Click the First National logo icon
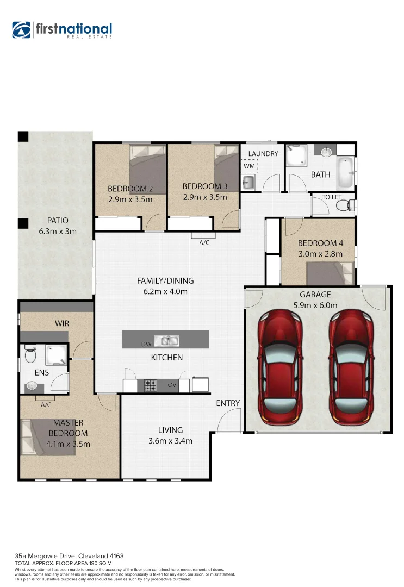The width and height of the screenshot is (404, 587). [x=21, y=30]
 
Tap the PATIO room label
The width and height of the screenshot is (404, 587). [x=57, y=221]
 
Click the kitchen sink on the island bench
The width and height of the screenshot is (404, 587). [x=166, y=341]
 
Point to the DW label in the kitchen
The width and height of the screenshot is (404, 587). [x=146, y=344]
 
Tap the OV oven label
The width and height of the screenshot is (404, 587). [x=172, y=385]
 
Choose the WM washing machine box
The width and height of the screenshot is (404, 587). [x=249, y=165]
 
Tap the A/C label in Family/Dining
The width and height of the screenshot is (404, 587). [x=204, y=243]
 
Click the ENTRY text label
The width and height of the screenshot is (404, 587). [x=228, y=403]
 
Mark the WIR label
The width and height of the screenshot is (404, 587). [x=62, y=323]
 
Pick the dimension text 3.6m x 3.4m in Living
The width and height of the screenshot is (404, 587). [x=170, y=441]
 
